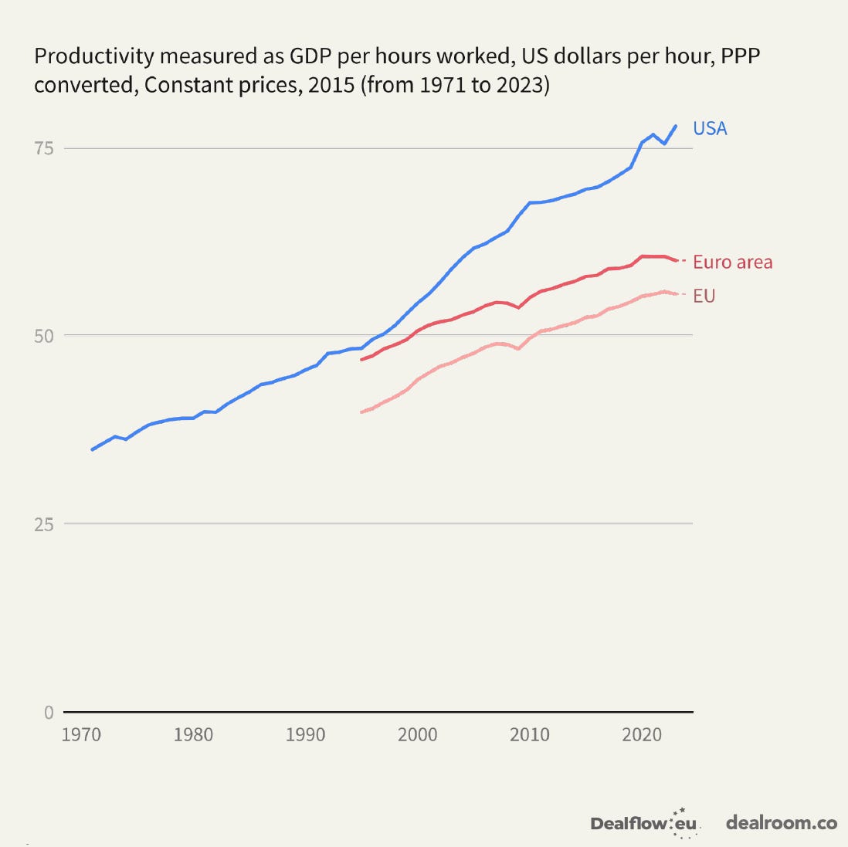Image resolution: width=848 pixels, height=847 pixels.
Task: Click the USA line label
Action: pos(710,128)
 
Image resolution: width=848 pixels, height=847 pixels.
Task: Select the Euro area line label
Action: pos(732,263)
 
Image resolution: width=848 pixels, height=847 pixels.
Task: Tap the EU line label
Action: pos(704,296)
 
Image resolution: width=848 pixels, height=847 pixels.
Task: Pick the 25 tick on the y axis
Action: pos(43,523)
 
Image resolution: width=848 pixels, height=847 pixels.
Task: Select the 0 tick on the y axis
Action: pos(49,712)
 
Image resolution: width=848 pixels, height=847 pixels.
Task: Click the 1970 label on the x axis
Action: pos(81,734)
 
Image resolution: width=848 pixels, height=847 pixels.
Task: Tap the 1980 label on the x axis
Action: pos(193,734)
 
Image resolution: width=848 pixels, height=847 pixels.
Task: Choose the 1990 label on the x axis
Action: pos(305,734)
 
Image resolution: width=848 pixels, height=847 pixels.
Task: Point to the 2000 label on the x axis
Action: pos(417,734)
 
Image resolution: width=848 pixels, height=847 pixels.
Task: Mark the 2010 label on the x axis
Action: pos(529,734)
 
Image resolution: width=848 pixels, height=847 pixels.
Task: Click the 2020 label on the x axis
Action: pos(642,734)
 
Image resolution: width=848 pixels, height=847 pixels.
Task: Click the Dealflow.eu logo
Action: pos(645,823)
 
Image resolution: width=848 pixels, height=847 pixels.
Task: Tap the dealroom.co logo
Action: pos(781,823)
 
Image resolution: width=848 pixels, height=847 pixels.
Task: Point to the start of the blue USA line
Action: pos(93,449)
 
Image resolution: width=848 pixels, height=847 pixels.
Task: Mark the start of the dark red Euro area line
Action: pos(361,360)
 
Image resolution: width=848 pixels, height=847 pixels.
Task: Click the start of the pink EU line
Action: pos(361,412)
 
